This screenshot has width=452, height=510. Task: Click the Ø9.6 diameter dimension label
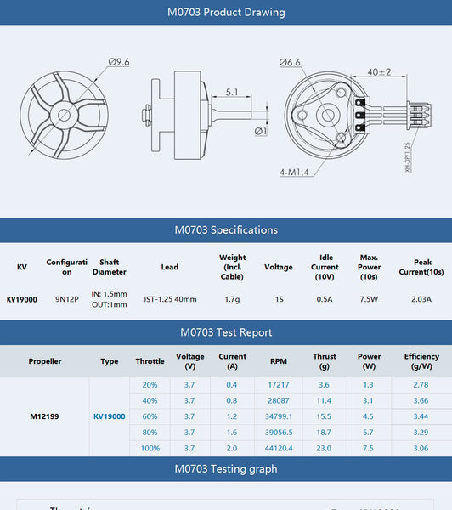[x=119, y=62]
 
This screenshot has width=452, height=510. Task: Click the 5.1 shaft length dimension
[x=232, y=92]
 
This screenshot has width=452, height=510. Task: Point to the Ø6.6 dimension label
[x=290, y=62]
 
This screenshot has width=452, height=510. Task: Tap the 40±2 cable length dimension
[x=379, y=72]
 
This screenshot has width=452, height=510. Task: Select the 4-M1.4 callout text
[x=294, y=172]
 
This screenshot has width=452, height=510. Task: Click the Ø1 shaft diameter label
[x=261, y=130]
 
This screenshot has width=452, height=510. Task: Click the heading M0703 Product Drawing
[x=226, y=13]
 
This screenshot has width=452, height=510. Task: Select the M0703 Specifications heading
[x=226, y=229]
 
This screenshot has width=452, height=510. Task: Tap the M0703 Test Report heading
[x=226, y=332]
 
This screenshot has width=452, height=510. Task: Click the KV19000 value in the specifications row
[x=22, y=299]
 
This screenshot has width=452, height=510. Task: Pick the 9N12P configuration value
[x=67, y=299]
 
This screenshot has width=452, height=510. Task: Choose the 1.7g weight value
[x=232, y=299]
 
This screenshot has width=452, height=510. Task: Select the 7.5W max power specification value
[x=369, y=299]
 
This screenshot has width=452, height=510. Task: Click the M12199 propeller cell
[x=44, y=416]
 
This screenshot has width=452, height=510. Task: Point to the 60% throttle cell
[x=150, y=416]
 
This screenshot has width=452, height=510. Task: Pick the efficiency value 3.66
[x=421, y=400]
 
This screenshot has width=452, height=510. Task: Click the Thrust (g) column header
[x=324, y=361]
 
